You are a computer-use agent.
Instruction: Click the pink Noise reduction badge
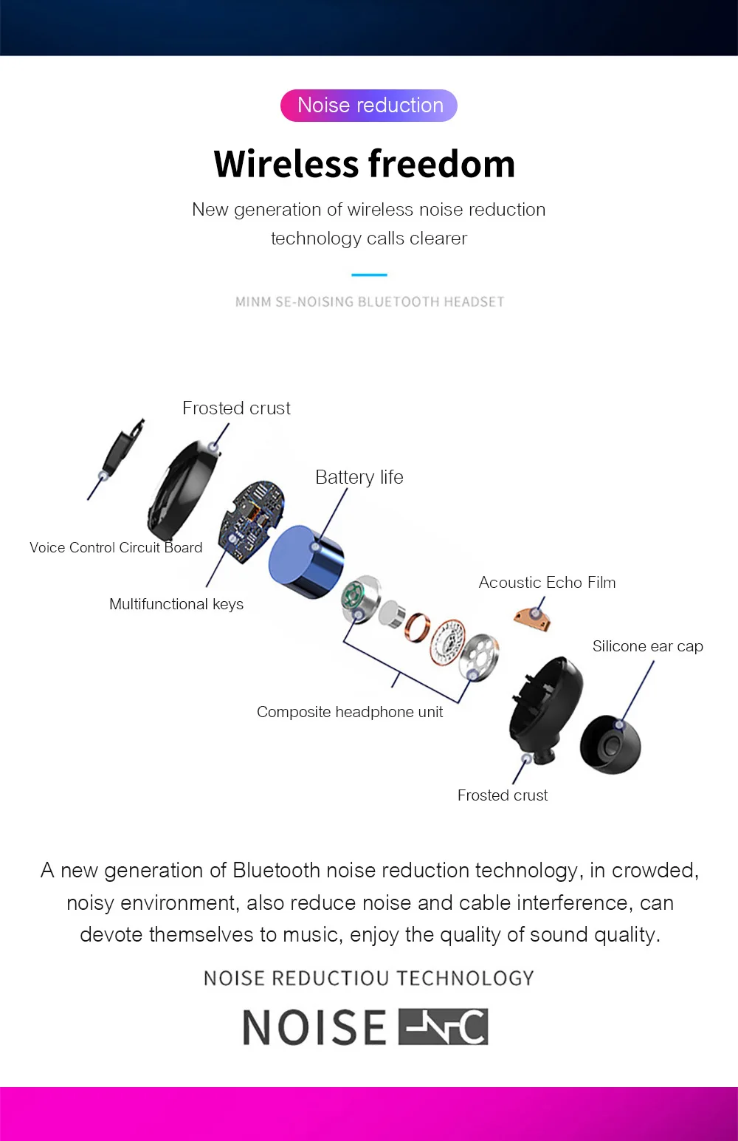point(369,106)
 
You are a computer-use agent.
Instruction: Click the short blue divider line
point(369,275)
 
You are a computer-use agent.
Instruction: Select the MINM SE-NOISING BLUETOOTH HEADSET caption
point(369,302)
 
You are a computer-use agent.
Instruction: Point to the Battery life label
point(359,477)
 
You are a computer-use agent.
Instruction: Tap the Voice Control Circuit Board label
point(116,547)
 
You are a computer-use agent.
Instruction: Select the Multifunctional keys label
point(176,604)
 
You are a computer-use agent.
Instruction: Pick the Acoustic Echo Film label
point(547,583)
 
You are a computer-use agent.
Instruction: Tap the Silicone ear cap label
point(647,646)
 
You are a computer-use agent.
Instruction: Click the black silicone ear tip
point(610,744)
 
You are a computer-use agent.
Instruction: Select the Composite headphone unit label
point(350,712)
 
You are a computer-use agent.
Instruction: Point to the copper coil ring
point(418,627)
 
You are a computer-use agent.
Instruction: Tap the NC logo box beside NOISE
point(443,1027)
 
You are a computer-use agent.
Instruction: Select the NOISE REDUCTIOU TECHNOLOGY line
point(369,979)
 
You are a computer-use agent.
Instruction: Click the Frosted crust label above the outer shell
point(236,408)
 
